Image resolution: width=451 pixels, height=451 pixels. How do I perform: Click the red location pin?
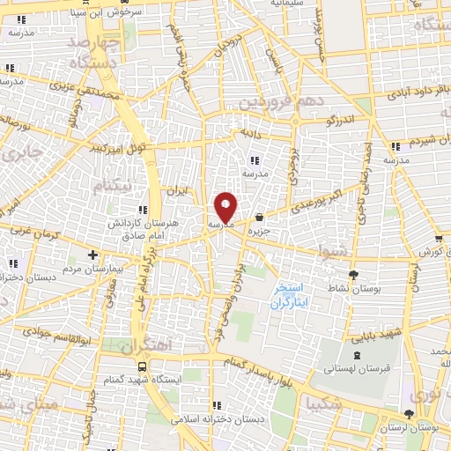coord(225,208)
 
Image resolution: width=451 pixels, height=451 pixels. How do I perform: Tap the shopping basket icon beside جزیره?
coord(259,218)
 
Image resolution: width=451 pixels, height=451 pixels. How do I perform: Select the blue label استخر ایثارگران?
coord(288,294)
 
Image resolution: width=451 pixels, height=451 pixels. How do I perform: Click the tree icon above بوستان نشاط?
coord(354,275)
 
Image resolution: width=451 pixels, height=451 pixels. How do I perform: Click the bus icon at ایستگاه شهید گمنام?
coord(141,365)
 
